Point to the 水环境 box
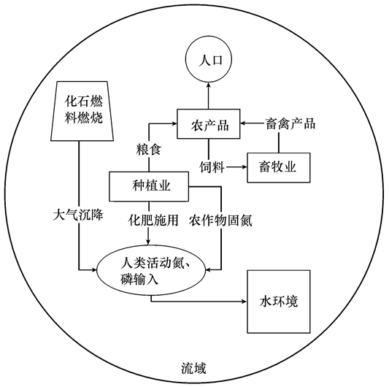(x=279, y=301)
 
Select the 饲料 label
(x=212, y=167)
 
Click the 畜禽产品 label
(x=291, y=124)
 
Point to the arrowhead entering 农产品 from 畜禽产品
(x=244, y=124)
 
